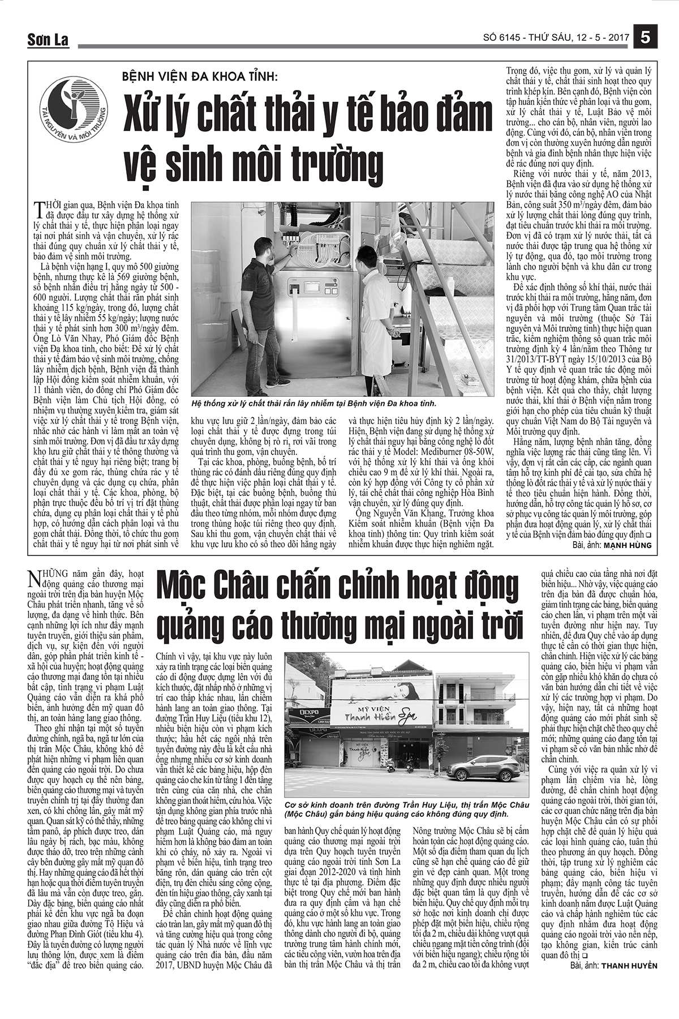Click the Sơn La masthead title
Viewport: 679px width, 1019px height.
pos(48,40)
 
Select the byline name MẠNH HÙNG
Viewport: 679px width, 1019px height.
pos(628,545)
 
